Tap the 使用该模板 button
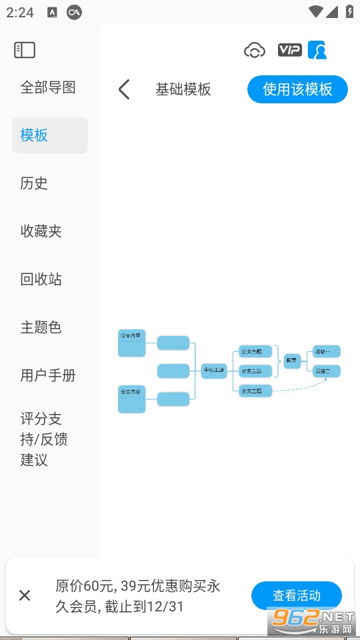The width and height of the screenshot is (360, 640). (x=297, y=89)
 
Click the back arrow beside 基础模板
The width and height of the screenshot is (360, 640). (x=124, y=89)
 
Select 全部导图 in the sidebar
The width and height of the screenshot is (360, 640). (x=48, y=87)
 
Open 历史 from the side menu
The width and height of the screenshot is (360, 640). (x=34, y=183)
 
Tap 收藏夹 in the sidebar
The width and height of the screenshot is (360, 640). (x=41, y=231)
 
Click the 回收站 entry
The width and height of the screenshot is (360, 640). (x=41, y=279)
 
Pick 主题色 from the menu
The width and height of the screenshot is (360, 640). (x=41, y=327)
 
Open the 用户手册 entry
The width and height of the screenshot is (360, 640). (x=48, y=375)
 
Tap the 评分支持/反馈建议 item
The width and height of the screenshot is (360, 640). (x=44, y=439)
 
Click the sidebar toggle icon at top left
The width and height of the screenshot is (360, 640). (x=25, y=50)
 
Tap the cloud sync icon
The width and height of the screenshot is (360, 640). (x=255, y=50)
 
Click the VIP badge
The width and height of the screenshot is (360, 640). (x=289, y=50)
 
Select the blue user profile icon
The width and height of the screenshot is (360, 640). (x=318, y=50)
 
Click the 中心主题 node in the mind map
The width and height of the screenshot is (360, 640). (x=214, y=370)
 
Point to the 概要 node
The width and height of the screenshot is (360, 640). (x=291, y=361)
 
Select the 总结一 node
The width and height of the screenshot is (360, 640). (x=327, y=351)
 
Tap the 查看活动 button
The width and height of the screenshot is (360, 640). (x=297, y=595)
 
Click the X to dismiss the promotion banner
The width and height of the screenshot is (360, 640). (x=25, y=595)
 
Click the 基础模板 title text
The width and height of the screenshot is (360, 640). (x=183, y=89)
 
